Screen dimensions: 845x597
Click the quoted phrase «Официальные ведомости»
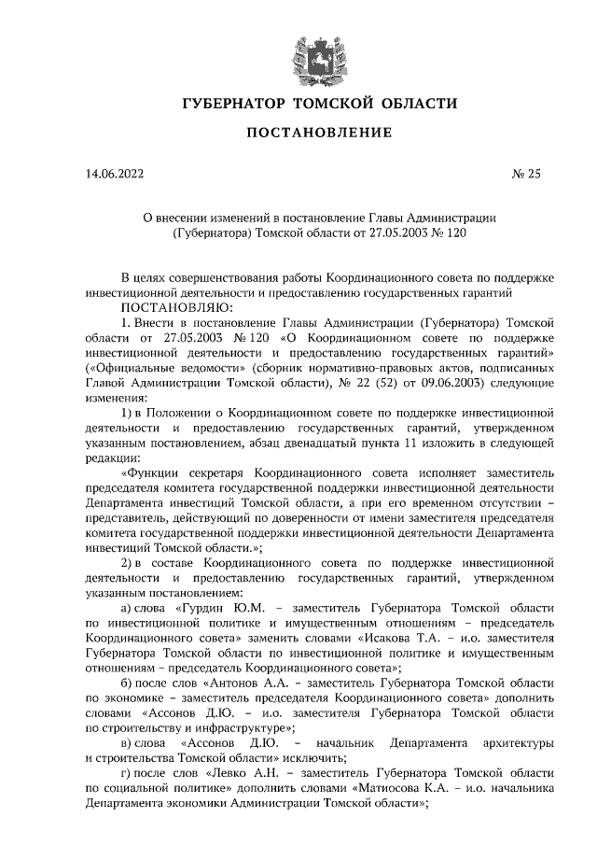point(153,367)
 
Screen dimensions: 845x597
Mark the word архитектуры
point(519,744)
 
